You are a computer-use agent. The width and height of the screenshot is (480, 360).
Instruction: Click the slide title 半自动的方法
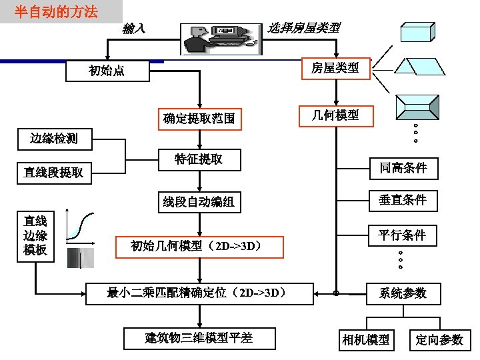pos(57,11)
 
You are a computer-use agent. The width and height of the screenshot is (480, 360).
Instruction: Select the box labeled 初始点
pos(107,71)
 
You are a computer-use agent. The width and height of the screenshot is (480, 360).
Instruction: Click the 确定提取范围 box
pos(199,119)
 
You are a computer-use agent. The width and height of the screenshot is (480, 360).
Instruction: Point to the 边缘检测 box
pos(53,139)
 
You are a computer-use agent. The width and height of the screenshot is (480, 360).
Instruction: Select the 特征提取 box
pos(199,160)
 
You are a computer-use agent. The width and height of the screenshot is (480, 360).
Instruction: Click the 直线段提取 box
pos(53,173)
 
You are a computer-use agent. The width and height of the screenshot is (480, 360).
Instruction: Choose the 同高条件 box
pos(403,168)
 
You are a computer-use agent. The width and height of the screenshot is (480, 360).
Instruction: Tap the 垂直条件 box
pos(403,200)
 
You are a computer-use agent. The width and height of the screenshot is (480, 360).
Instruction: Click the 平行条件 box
pos(403,235)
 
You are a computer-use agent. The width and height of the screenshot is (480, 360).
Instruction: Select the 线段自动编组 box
pos(199,202)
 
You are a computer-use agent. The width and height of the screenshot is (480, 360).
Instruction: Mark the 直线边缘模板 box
pos(35,235)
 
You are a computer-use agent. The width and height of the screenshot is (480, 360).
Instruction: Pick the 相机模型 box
pos(365,339)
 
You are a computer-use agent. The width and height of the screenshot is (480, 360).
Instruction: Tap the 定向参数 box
pos(440,339)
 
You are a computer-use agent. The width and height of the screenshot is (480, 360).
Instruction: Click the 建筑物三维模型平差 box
pos(199,337)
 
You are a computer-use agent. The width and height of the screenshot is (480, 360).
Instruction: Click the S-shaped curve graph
pos(81,226)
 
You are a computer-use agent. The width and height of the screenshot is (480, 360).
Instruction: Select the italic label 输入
pos(134,28)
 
